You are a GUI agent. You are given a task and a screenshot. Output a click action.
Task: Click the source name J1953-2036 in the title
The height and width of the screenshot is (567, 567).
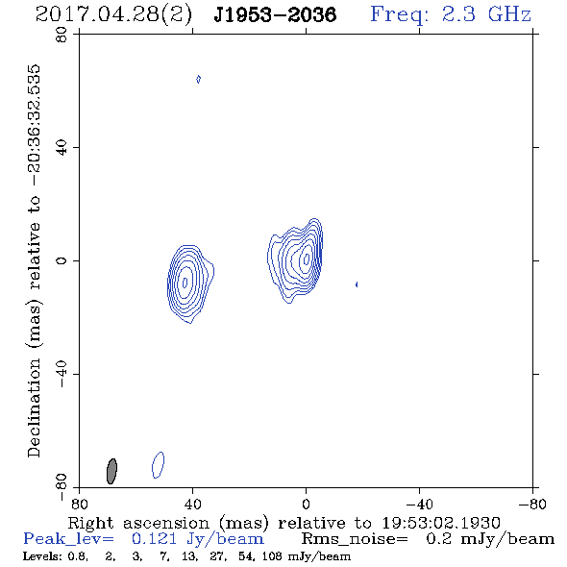pos(275,14)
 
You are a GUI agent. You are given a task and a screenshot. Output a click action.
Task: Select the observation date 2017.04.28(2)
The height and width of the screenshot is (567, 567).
pos(113,14)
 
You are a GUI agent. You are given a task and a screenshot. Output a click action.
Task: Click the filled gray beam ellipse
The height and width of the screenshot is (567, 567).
pos(111,471)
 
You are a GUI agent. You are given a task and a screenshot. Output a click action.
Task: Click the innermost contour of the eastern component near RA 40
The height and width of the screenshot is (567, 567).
pos(184,283)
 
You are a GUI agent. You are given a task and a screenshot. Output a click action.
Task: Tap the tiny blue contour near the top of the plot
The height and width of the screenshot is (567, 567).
pos(198,79)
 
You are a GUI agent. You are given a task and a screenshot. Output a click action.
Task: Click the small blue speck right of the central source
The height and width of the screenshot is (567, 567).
pos(357,284)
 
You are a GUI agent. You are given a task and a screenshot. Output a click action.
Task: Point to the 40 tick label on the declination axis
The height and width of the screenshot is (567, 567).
pos(62,147)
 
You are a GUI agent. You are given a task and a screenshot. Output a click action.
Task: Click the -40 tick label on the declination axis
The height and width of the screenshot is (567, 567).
pos(62,374)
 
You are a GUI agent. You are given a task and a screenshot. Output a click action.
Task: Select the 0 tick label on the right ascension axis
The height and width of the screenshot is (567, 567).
pos(306,504)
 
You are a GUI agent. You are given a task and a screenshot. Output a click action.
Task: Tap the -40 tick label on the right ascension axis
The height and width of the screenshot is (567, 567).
pos(419,504)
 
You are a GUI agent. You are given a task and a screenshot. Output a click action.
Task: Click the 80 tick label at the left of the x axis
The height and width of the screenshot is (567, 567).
pos(79,504)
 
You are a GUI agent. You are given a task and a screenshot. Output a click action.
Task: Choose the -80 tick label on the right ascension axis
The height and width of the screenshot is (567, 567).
pos(532,504)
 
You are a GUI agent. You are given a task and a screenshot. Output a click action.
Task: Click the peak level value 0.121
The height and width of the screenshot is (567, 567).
pos(154,539)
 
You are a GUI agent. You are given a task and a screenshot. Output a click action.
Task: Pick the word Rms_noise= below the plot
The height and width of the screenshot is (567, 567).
pos(355,539)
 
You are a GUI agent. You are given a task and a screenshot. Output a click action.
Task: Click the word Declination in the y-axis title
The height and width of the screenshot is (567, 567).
pos(34,407)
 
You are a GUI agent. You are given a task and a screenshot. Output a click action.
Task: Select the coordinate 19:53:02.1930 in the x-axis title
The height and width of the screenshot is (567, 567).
pos(441,523)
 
